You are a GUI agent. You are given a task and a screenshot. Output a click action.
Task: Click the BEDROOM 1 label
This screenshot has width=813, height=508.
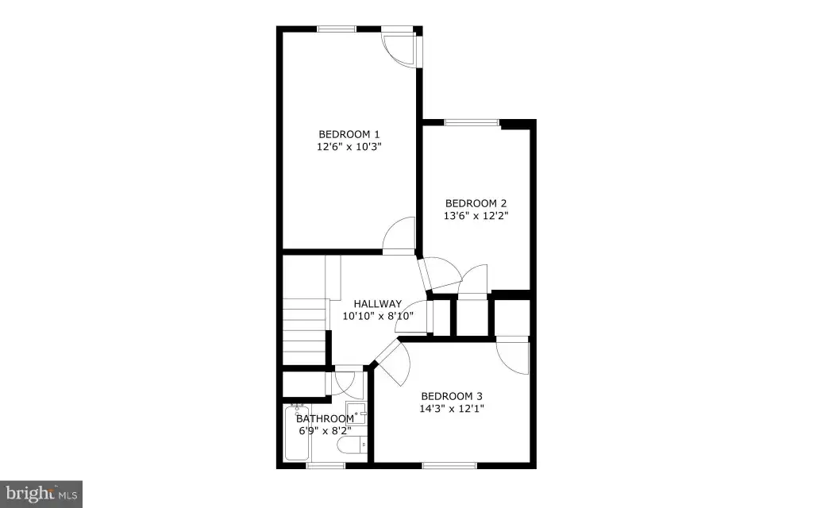tap(349, 134)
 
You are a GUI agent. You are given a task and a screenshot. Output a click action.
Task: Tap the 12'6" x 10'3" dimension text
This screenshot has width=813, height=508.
tap(349, 147)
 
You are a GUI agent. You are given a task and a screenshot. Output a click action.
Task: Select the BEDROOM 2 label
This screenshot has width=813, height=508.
tap(476, 203)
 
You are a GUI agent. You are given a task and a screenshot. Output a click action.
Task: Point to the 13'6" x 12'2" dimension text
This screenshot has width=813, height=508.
tap(476, 216)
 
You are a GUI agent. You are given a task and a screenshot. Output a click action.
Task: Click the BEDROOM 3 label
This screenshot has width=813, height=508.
tap(452, 396)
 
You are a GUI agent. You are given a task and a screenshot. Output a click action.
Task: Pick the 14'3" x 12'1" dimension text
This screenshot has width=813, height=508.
tap(452, 409)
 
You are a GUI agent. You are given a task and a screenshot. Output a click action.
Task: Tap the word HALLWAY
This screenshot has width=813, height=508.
tap(377, 304)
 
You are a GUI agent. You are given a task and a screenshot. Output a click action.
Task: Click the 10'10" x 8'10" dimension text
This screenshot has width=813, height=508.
tap(378, 316)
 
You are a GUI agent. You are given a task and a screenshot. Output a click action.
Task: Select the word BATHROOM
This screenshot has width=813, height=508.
tap(325, 418)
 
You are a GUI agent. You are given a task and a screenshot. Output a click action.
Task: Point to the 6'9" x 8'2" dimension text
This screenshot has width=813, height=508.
tap(325, 431)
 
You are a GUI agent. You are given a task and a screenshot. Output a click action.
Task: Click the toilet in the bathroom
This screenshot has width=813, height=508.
tap(353, 444)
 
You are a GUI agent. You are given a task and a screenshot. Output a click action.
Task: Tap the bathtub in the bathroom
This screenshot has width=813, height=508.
tap(298, 433)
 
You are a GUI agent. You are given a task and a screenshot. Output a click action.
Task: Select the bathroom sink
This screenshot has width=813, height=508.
tap(356, 413)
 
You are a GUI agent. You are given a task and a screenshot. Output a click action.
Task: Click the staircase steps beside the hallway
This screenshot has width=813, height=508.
tap(304, 331)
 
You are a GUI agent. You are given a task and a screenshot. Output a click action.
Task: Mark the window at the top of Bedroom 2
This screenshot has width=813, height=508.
tap(472, 123)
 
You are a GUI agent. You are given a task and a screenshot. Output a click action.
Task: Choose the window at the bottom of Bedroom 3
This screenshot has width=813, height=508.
tap(449, 465)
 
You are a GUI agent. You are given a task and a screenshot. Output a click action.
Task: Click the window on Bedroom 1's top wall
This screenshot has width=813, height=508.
tap(337, 29)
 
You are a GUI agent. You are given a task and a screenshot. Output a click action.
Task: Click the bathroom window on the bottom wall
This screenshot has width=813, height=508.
tap(326, 465)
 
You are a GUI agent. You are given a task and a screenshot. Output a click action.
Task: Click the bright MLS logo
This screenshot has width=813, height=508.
tap(41, 494)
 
